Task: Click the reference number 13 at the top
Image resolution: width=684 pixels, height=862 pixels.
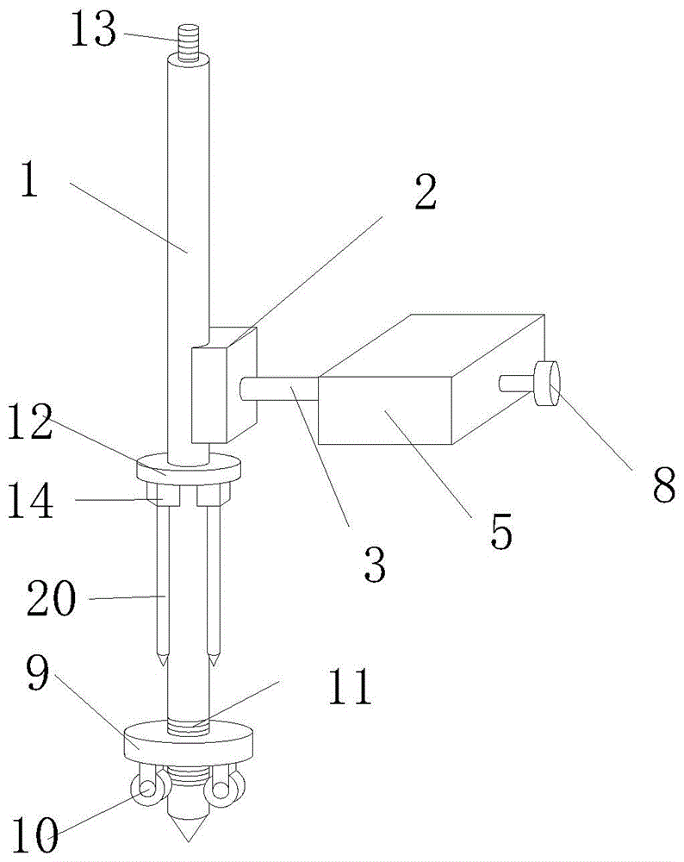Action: point(92,32)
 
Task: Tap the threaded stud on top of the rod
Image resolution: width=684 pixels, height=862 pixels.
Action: point(189,42)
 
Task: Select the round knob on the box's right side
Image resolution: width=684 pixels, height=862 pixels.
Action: point(547,384)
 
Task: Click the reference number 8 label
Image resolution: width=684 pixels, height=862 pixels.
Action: point(664,486)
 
